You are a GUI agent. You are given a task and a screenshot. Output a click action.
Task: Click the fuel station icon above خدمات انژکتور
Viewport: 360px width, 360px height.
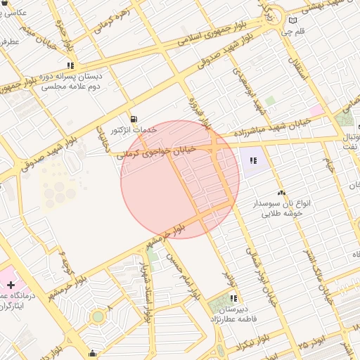point(134,118)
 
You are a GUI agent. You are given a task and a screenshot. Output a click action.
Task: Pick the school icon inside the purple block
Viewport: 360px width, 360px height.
point(252,161)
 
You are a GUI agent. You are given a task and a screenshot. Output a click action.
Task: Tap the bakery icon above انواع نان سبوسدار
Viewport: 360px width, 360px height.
point(282,192)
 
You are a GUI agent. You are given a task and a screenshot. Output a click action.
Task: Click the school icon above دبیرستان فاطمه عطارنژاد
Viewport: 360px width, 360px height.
point(233,298)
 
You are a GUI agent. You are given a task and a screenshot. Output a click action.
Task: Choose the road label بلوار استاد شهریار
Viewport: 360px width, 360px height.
point(146,288)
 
